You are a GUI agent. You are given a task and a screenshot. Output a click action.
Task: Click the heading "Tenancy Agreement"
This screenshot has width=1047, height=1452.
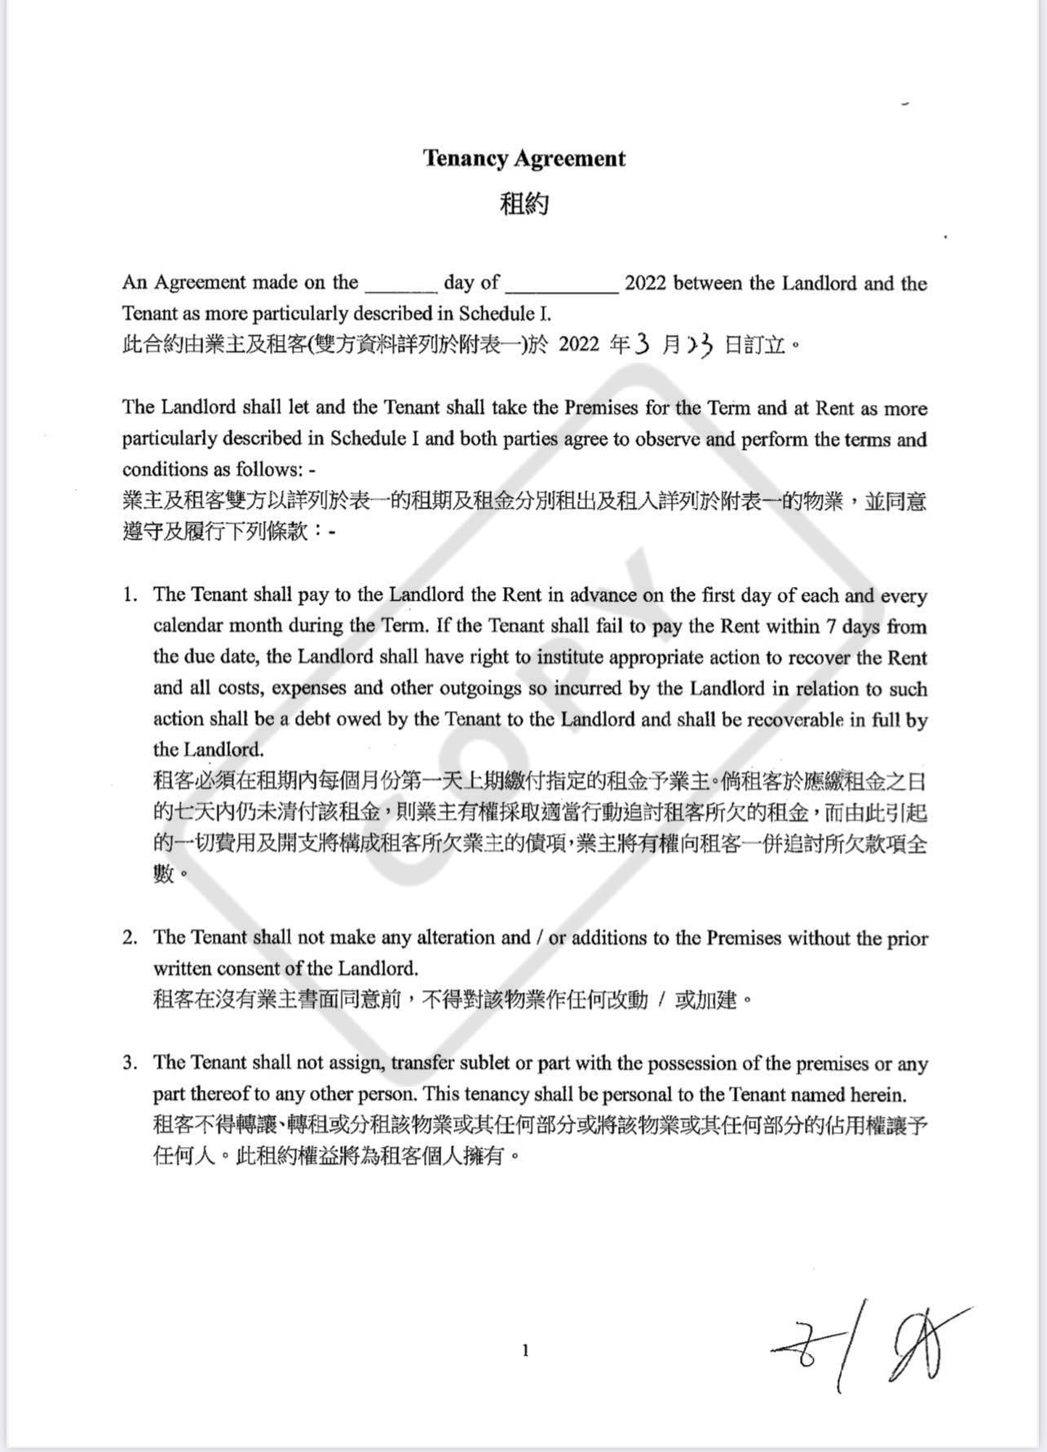tap(523, 158)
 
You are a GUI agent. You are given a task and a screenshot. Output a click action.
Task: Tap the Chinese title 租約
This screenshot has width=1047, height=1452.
tap(523, 204)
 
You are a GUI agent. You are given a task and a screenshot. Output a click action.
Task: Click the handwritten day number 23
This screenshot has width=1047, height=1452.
tap(700, 346)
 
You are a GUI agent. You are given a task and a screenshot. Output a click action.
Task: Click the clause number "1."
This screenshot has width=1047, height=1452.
tap(130, 595)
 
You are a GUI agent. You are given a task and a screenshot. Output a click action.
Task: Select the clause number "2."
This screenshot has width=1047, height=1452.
tap(130, 938)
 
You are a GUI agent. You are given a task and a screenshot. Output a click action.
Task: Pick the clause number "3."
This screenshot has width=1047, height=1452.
tap(130, 1063)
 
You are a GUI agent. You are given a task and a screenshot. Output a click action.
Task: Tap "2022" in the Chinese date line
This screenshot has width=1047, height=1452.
tap(579, 346)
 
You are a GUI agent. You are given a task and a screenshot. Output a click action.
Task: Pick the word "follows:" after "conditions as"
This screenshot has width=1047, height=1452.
tap(271, 470)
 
